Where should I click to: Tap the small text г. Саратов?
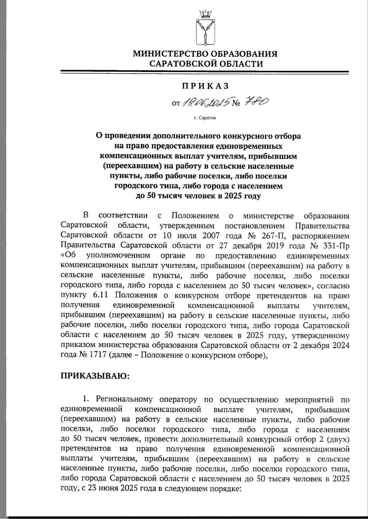pyautogui.click(x=205, y=118)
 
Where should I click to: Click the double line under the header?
pyautogui.click(x=205, y=73)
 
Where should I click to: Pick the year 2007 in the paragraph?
pyautogui.click(x=220, y=236)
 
